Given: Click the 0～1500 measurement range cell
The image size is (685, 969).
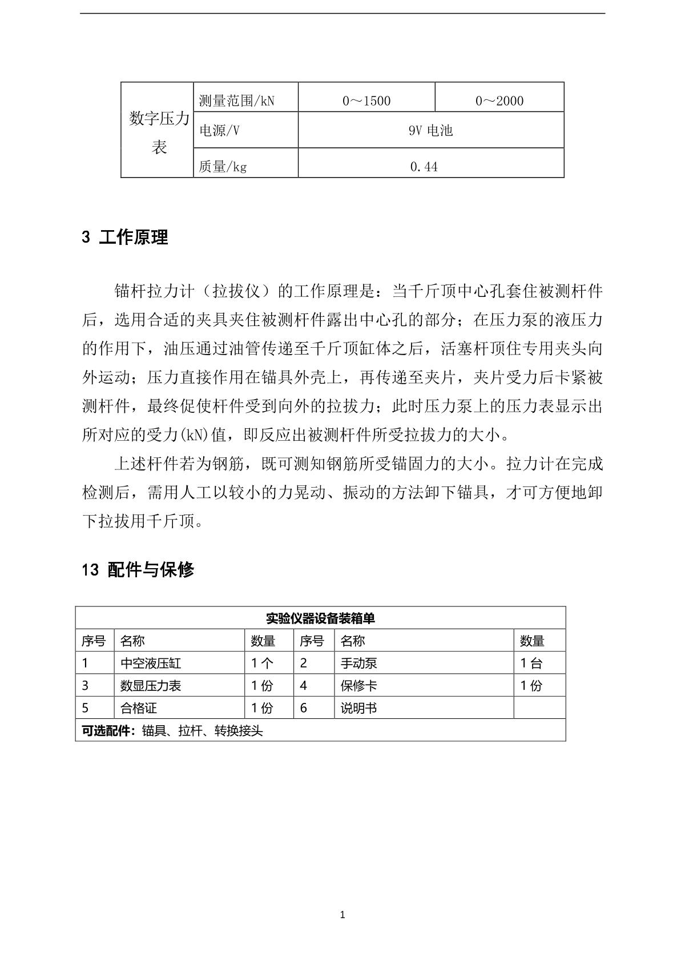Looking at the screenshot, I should click(366, 101).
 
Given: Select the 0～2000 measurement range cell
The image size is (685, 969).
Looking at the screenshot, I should click(499, 101).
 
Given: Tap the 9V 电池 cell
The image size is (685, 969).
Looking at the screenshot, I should click(431, 131).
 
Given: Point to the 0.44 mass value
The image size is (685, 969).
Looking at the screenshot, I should click(424, 167).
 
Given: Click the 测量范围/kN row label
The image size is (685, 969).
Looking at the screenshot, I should click(237, 101).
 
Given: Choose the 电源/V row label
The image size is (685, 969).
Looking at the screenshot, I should click(219, 131).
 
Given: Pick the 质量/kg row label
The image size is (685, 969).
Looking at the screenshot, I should click(223, 167).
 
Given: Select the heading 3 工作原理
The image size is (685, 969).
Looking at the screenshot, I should click(125, 238).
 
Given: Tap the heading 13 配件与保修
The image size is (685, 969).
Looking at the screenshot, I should click(138, 569).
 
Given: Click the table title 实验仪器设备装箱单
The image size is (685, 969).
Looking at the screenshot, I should click(320, 618).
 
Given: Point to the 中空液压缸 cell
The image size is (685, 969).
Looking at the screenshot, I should click(151, 664).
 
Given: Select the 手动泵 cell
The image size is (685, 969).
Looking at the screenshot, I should click(358, 664).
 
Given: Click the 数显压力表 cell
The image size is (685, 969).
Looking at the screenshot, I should click(151, 686).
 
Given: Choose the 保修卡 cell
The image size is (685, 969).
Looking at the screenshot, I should click(358, 686).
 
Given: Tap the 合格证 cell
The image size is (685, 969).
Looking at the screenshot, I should click(139, 709).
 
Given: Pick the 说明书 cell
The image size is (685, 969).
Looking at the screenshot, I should click(358, 709).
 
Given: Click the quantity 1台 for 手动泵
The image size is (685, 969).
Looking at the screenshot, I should click(531, 664).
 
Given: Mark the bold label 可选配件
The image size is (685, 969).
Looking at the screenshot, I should click(107, 731).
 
